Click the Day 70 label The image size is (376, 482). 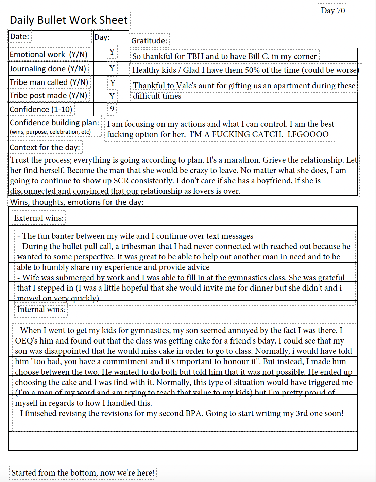(332, 11)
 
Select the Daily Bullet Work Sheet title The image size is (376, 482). (69, 20)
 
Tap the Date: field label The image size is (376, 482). (20, 36)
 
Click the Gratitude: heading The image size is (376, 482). (149, 41)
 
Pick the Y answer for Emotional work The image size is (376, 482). (112, 52)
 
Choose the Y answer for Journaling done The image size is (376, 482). (112, 69)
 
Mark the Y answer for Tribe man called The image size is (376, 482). (113, 83)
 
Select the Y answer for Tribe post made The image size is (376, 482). (112, 96)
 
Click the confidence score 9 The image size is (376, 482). (112, 109)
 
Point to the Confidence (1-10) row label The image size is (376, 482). (41, 109)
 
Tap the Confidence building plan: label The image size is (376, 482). (54, 123)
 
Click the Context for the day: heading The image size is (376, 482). (45, 147)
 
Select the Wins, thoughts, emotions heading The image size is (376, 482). (77, 202)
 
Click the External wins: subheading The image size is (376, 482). (39, 218)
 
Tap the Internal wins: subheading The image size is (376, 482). (41, 309)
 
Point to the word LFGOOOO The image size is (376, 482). (308, 134)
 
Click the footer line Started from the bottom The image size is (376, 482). (83, 473)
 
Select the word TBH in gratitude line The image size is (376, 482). (196, 56)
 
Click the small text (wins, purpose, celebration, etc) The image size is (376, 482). (50, 132)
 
